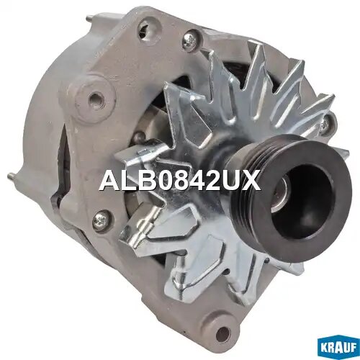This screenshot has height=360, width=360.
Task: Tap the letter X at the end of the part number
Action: click(x=250, y=179)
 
